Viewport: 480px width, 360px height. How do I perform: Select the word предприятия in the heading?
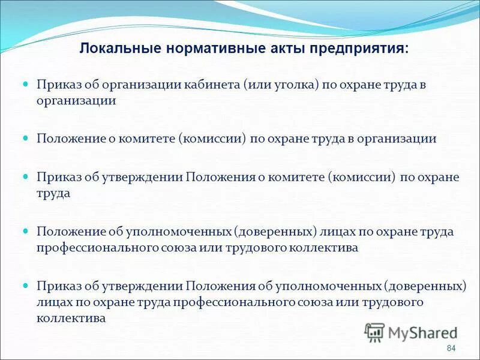[x=358, y=49]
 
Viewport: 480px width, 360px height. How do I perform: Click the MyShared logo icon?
[x=375, y=332]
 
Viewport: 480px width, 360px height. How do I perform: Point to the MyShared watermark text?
[x=423, y=332]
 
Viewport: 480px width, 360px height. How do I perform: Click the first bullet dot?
[x=26, y=86]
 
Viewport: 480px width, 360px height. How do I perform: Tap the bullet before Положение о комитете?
[x=26, y=138]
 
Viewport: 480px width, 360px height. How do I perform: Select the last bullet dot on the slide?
[x=26, y=284]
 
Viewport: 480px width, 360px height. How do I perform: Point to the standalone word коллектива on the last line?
[x=71, y=319]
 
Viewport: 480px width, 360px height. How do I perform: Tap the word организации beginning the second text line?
[x=76, y=101]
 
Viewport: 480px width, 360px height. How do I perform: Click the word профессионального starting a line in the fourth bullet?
[x=95, y=247]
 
